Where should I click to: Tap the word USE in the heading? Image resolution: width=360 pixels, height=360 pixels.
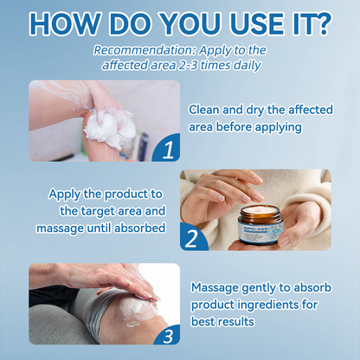238,22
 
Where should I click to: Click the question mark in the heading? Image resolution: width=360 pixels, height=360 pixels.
321,22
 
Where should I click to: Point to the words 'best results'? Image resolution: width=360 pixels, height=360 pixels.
222,320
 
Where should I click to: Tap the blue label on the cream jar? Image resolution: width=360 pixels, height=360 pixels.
260,230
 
